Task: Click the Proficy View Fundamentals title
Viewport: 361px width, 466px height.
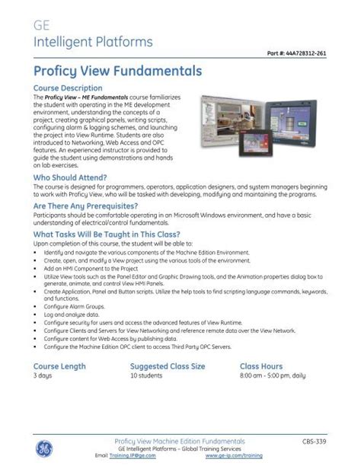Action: click(117, 71)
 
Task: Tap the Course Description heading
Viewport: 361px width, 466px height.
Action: click(69, 88)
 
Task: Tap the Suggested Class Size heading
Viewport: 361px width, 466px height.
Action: click(168, 366)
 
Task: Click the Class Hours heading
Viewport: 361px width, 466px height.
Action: click(261, 366)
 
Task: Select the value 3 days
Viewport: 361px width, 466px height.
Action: click(43, 376)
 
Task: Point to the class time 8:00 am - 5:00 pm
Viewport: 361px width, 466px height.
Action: click(273, 376)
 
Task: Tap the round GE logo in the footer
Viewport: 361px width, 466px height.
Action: click(44, 446)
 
